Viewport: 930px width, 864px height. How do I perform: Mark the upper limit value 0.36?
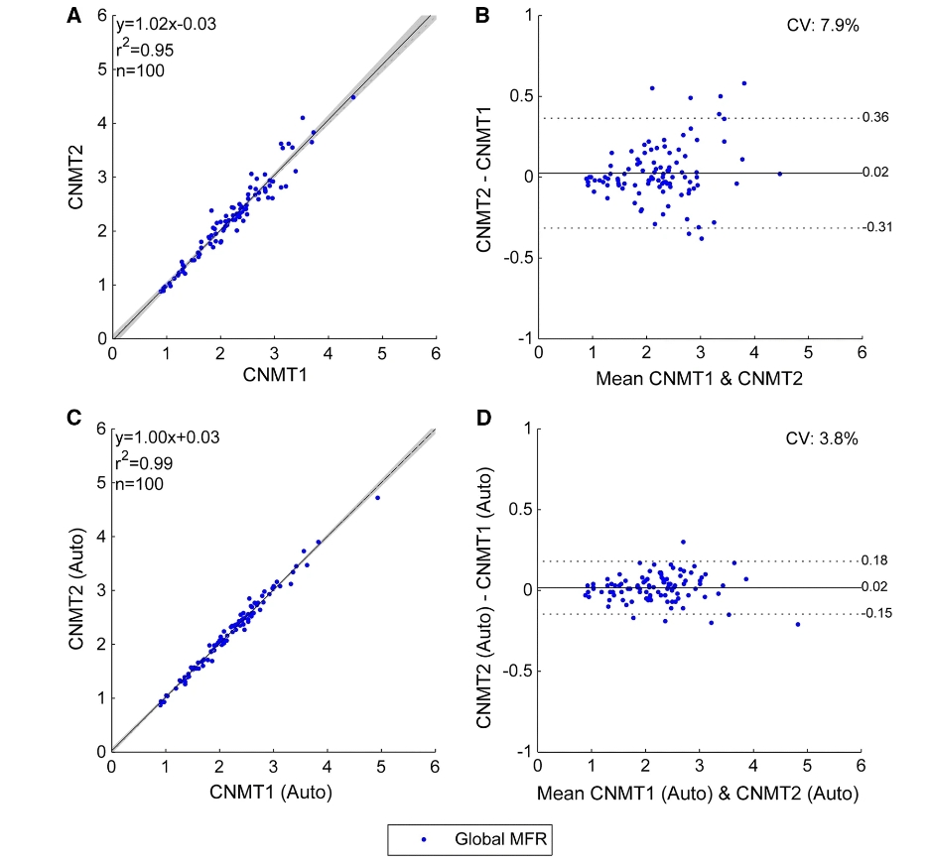[875, 118]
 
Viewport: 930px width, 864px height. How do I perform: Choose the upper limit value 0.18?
[875, 560]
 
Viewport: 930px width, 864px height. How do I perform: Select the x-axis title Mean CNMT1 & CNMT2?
[700, 378]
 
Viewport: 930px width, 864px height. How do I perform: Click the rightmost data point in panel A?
[352, 96]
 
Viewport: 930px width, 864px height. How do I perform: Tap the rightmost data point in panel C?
[377, 498]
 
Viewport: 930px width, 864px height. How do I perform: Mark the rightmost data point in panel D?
[797, 624]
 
